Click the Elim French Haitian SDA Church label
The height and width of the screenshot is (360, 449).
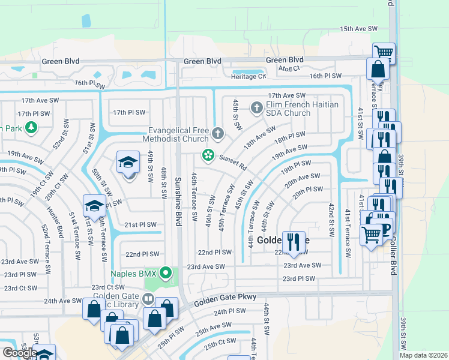point(303,109)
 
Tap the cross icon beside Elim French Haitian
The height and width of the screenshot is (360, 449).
point(257,108)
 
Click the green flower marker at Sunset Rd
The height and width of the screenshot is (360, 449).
point(208,155)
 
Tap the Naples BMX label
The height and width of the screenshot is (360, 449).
point(133,274)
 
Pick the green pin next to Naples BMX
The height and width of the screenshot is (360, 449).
point(167,274)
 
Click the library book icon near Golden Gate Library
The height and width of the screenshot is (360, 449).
point(148,298)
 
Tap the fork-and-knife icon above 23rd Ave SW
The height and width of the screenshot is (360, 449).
point(294,242)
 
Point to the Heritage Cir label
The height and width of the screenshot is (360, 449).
point(249,76)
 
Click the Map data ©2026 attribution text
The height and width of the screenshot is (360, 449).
point(423,355)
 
